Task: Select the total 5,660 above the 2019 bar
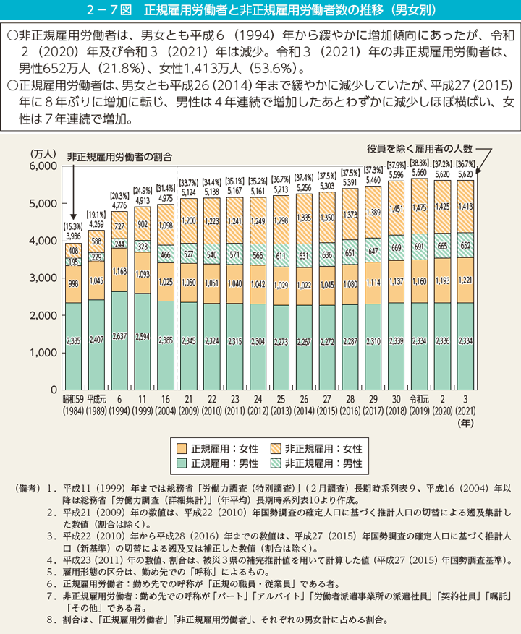420,173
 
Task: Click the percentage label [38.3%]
420,164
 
